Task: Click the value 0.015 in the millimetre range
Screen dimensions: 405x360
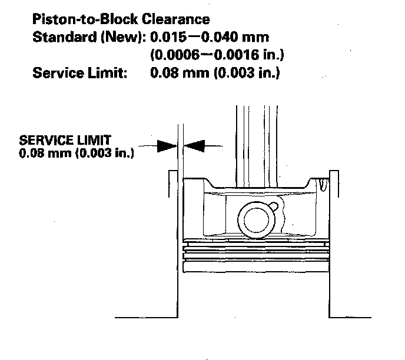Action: (x=167, y=38)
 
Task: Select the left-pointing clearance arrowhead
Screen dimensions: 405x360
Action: (x=194, y=145)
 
